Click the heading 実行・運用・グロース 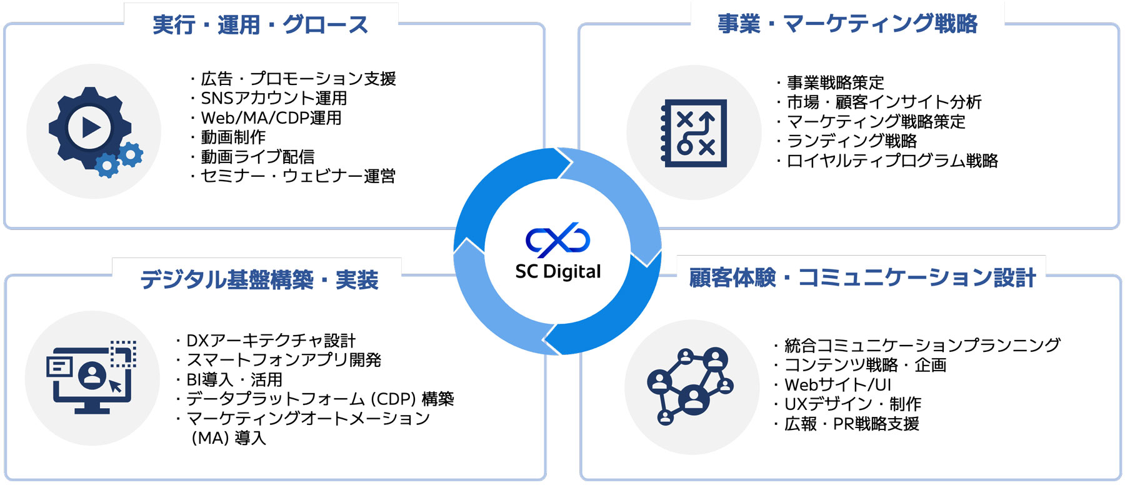point(261,25)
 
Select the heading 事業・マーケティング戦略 point(847,24)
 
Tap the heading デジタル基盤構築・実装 point(259,279)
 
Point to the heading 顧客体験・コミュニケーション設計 point(862,277)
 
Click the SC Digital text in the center point(557,272)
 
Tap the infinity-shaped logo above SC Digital point(557,240)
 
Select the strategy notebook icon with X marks point(694,132)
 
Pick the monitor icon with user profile point(91,377)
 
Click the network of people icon point(690,386)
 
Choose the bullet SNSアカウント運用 point(274,98)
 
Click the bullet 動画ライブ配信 point(257,157)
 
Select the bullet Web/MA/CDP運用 point(271,117)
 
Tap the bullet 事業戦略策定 point(835,82)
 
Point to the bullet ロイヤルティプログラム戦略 point(892,161)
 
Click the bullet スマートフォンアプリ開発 point(284,360)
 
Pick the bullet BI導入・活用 point(234,379)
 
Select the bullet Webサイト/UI point(837,384)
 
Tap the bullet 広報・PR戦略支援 point(851,424)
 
